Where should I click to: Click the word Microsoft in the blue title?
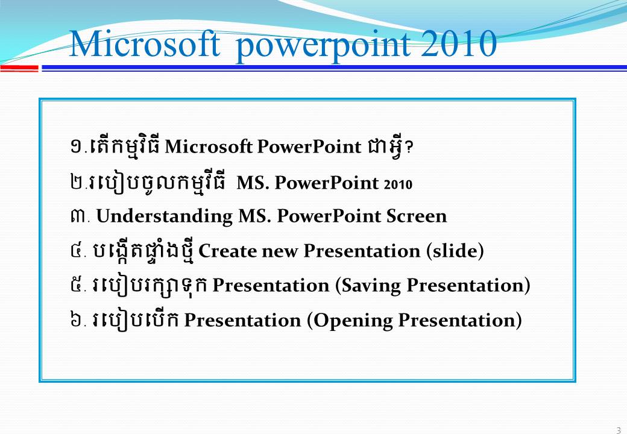pyautogui.click(x=144, y=43)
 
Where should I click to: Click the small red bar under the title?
pyautogui.click(x=19, y=69)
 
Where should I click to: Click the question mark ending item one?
pyautogui.click(x=409, y=148)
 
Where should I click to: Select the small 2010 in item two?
pyautogui.click(x=398, y=184)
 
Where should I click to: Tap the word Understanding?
pyautogui.click(x=165, y=216)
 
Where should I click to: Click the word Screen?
pyautogui.click(x=416, y=216)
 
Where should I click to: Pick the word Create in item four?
pyautogui.click(x=227, y=251)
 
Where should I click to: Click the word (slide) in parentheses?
pyautogui.click(x=455, y=251)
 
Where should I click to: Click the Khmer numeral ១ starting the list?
pyautogui.click(x=77, y=147)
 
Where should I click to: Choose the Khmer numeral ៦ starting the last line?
pyautogui.click(x=76, y=320)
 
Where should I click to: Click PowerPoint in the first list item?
pyautogui.click(x=309, y=147)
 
